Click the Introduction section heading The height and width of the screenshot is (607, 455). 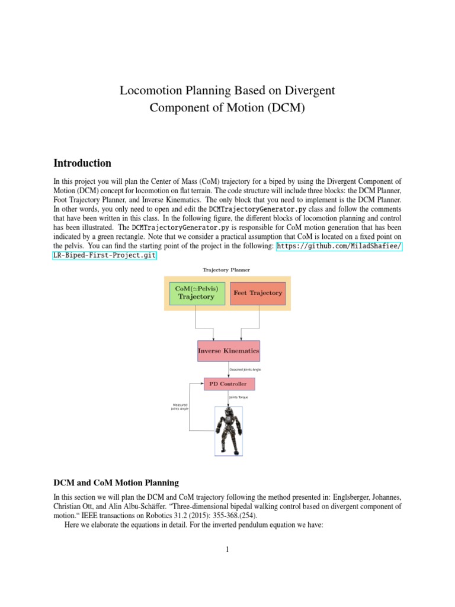tap(82, 163)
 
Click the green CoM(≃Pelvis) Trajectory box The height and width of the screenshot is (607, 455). tap(197, 293)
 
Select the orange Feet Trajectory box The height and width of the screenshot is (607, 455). tap(258, 293)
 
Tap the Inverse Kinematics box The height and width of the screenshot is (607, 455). tap(228, 351)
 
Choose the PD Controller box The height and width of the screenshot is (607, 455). tap(229, 384)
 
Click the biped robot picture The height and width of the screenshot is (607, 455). tap(229, 430)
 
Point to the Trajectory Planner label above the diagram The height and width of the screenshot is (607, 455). tap(226, 270)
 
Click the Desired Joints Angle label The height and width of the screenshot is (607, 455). tap(245, 369)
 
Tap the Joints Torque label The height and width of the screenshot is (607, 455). tap(239, 397)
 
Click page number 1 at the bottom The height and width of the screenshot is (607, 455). tap(227, 550)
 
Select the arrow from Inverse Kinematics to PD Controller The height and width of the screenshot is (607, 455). tap(229, 369)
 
